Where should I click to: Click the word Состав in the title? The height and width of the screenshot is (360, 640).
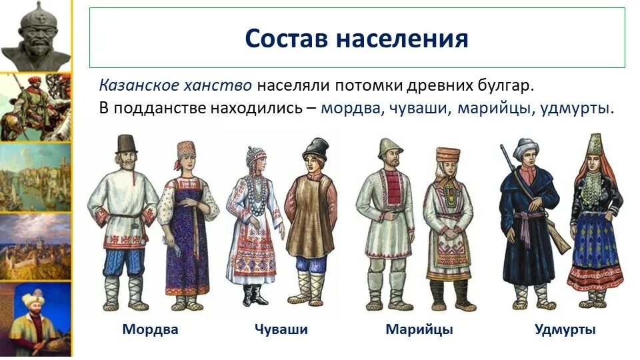coord(287,39)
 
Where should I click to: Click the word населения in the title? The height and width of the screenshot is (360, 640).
coord(403,39)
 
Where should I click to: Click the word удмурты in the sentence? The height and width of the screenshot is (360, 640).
coord(575,109)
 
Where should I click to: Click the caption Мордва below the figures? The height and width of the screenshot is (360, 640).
coord(150,329)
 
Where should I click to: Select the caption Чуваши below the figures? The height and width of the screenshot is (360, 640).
coord(281,329)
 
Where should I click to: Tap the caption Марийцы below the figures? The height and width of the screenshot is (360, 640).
coord(419,329)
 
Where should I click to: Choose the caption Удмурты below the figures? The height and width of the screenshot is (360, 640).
coord(565,329)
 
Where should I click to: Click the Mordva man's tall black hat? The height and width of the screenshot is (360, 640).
coord(126,144)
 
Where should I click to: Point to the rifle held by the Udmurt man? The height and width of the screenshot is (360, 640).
coord(535,199)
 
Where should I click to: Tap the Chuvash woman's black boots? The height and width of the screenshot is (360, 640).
coord(254,295)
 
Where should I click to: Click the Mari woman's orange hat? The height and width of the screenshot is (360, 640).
coord(447,155)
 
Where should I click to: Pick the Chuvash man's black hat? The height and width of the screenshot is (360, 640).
coord(316,148)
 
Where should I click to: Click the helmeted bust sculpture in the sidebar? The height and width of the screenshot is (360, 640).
coord(36,36)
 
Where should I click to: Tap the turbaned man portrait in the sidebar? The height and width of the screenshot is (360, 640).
coord(36,319)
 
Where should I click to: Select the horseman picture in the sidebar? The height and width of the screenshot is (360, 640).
coord(35,107)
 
